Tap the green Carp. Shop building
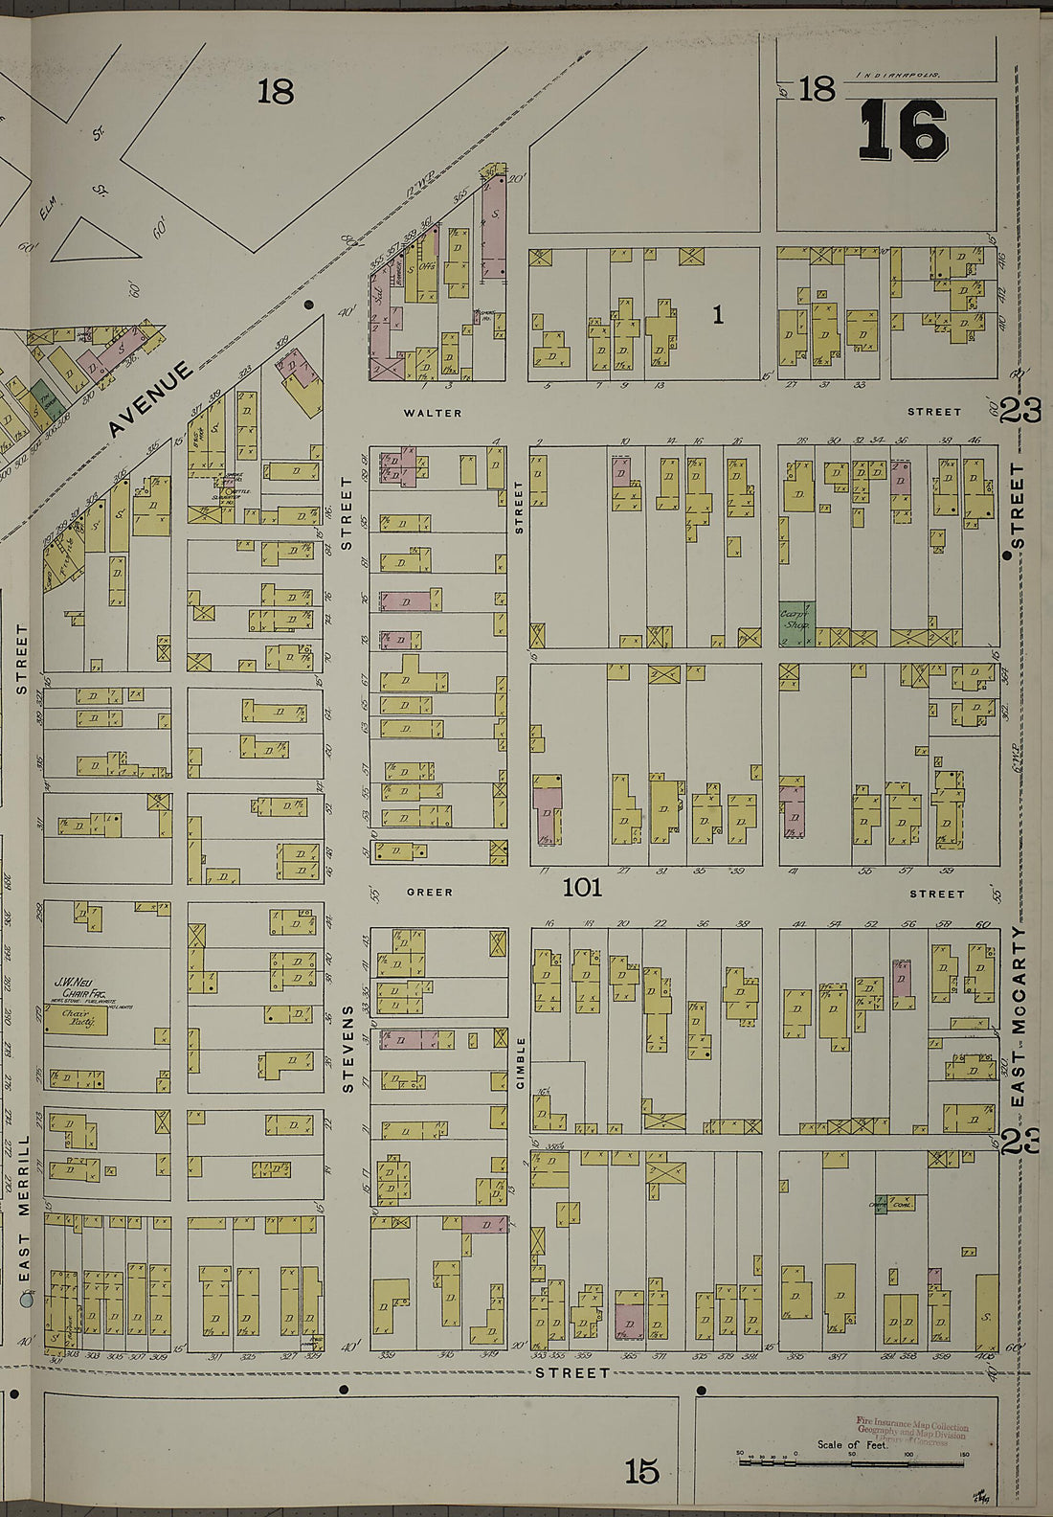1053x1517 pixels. tap(795, 623)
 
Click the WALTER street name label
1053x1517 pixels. tap(433, 414)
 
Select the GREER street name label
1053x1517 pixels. tap(429, 893)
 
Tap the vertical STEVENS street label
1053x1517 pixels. tap(347, 1049)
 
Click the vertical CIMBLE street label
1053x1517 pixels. tap(522, 1062)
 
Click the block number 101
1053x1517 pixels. tap(582, 888)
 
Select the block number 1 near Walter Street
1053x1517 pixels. tap(717, 315)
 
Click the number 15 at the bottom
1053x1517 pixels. tap(641, 1472)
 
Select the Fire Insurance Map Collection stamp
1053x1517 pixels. tap(911, 1433)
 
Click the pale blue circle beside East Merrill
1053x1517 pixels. tap(27, 1301)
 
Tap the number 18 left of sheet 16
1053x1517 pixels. tap(817, 89)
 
